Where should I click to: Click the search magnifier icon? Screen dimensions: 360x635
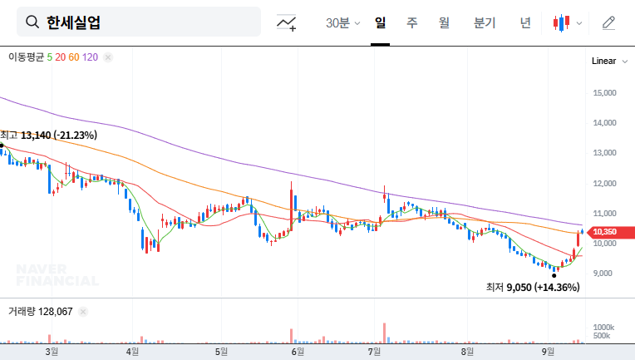pos(32,22)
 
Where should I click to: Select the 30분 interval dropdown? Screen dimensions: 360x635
pos(342,22)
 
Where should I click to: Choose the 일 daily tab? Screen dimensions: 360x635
pos(380,22)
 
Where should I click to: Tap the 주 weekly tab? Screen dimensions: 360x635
pos(411,22)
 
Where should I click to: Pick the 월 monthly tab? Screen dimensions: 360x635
pos(444,22)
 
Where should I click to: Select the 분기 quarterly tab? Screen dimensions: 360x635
pos(485,22)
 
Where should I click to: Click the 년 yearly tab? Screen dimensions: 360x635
pos(525,22)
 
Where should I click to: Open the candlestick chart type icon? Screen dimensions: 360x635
pos(563,22)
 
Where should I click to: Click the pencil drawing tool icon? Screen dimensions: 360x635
pos(609,22)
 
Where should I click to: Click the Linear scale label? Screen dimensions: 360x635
pos(603,62)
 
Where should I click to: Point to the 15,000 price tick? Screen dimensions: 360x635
pos(604,93)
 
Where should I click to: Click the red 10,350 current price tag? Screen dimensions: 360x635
pos(604,232)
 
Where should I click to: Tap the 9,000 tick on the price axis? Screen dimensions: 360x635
pos(603,274)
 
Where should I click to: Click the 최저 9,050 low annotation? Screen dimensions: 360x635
pos(533,287)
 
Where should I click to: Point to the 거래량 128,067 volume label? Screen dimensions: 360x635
pos(40,312)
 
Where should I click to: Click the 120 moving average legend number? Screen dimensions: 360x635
pos(91,57)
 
